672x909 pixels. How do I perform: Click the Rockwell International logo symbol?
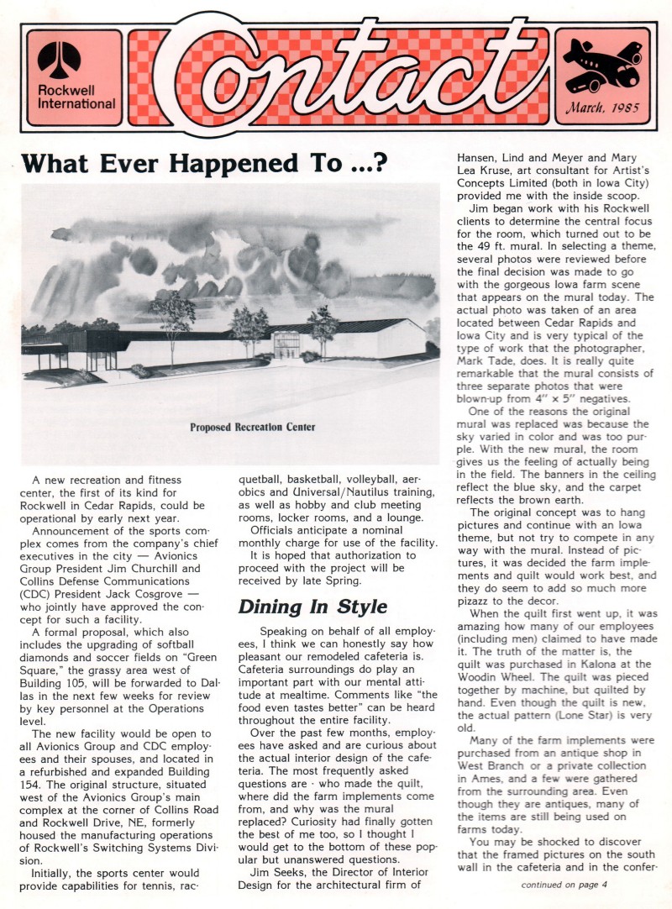coord(59,59)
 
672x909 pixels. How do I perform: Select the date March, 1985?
coord(602,107)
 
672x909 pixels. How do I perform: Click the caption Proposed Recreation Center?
coord(253,427)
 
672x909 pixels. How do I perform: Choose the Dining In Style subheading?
coord(301,606)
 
